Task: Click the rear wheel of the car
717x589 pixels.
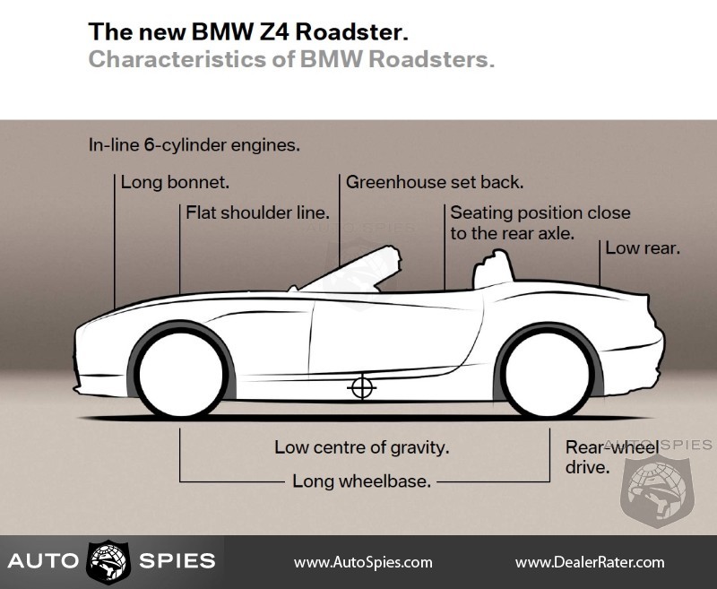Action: pyautogui.click(x=549, y=376)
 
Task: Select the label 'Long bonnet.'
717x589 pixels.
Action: pyautogui.click(x=176, y=182)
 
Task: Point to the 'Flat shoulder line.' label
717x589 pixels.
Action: pyautogui.click(x=258, y=212)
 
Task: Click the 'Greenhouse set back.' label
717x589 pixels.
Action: pyautogui.click(x=435, y=182)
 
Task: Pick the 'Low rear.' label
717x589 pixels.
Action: pyautogui.click(x=643, y=247)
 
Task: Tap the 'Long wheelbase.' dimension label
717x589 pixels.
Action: pyautogui.click(x=362, y=481)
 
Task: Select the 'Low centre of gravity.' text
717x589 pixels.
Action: pyautogui.click(x=362, y=446)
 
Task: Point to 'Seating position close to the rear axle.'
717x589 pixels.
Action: pyautogui.click(x=540, y=222)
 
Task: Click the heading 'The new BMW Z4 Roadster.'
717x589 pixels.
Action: pyautogui.click(x=248, y=33)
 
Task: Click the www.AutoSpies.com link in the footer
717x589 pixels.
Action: pyautogui.click(x=363, y=562)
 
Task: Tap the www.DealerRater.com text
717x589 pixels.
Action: pyautogui.click(x=590, y=562)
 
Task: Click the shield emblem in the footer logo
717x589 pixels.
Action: pyautogui.click(x=108, y=562)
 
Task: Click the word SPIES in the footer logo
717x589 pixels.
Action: pyautogui.click(x=177, y=562)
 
